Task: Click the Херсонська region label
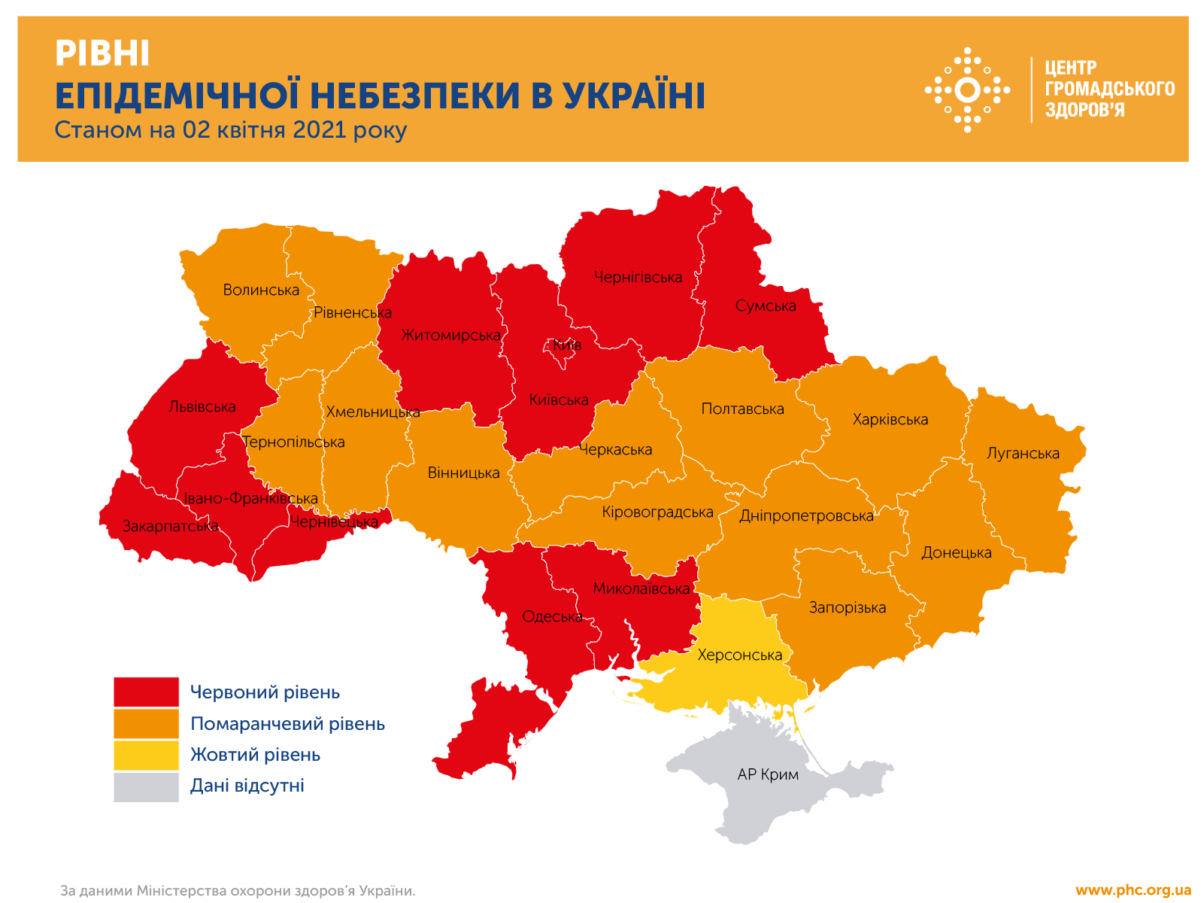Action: (x=740, y=655)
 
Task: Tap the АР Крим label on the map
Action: (x=768, y=774)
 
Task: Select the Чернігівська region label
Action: (x=638, y=278)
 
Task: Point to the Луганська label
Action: (x=1023, y=454)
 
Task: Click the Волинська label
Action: (x=261, y=290)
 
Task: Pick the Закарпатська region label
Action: (x=171, y=526)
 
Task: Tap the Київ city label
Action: (x=567, y=345)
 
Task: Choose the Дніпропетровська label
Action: (x=806, y=516)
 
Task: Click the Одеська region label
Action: (x=552, y=617)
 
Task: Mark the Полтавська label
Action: (x=742, y=409)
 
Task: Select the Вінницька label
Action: (x=463, y=473)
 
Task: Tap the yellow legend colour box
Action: (x=147, y=755)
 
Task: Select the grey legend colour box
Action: (x=147, y=786)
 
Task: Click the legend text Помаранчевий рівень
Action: (x=287, y=724)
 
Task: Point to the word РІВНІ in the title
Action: (x=102, y=54)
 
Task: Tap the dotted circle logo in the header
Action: (x=967, y=90)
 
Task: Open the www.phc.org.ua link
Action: (x=1133, y=890)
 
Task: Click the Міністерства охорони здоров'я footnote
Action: (x=275, y=891)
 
